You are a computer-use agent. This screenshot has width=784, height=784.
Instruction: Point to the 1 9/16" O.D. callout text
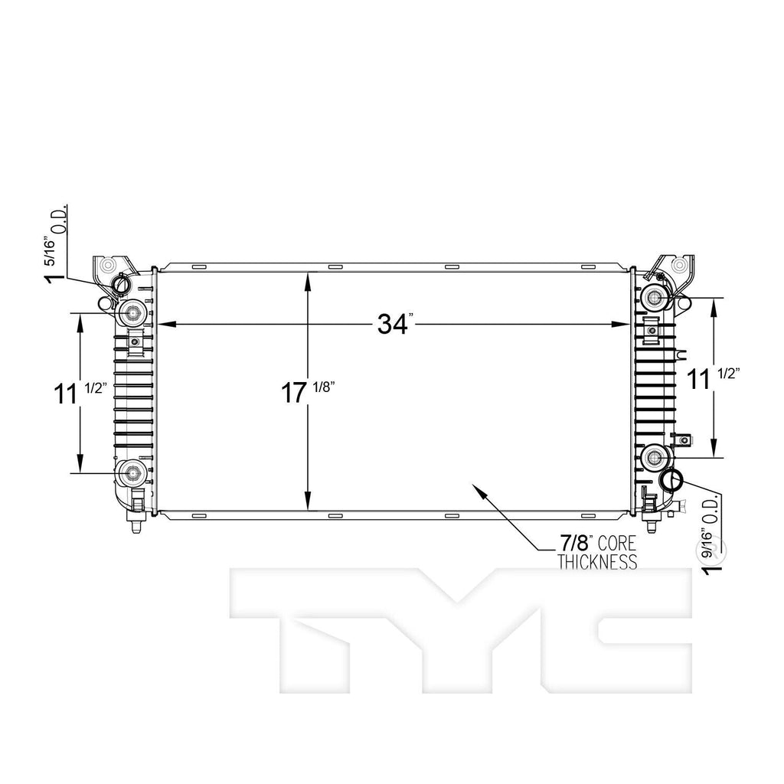click(x=708, y=536)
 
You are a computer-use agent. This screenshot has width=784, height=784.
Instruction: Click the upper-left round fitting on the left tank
click(x=132, y=312)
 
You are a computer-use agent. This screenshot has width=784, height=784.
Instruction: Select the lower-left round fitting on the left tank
click(x=132, y=472)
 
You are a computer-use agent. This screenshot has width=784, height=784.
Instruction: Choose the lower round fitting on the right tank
click(x=655, y=458)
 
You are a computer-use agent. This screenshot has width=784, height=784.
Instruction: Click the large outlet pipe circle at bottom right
click(x=671, y=481)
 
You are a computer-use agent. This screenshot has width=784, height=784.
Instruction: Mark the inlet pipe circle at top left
click(x=122, y=286)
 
